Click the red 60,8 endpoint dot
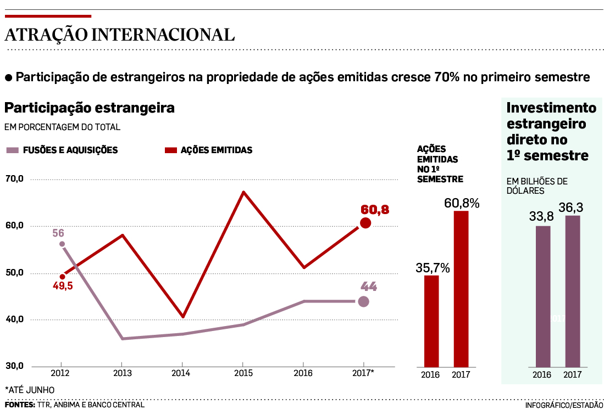(x=365, y=223)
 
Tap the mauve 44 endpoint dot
(x=363, y=301)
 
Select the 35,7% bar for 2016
(x=431, y=321)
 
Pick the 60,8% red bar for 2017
(x=461, y=289)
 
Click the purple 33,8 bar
(x=543, y=296)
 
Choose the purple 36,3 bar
(x=573, y=291)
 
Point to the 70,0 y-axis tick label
(x=15, y=179)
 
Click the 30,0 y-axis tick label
(x=15, y=366)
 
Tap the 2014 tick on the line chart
(x=182, y=373)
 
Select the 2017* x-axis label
(x=363, y=373)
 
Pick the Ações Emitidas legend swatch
(x=171, y=150)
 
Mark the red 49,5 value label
(x=63, y=286)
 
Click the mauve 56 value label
(x=59, y=233)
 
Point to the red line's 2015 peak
(x=243, y=192)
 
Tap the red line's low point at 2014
(x=182, y=317)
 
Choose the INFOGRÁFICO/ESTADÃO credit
(x=564, y=405)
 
